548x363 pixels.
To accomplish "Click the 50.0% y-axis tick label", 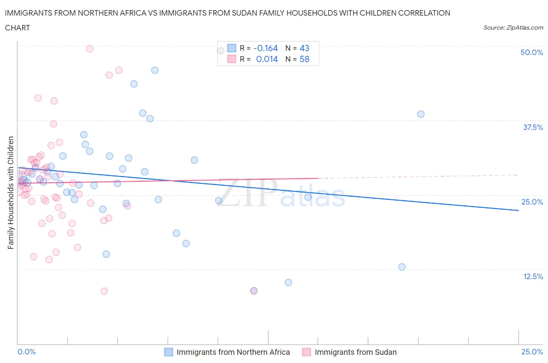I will [x=532, y=52].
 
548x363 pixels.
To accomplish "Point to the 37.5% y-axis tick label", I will [x=533, y=127].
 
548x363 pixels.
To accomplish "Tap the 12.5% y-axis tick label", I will [x=533, y=276].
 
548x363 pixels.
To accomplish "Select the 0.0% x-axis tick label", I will [x=27, y=352].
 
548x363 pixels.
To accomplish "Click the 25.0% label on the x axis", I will [x=532, y=352].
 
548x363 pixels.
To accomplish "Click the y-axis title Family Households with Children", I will [x=11, y=192].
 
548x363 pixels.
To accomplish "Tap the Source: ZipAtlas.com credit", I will [x=513, y=28].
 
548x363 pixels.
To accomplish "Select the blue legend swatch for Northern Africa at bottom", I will [x=168, y=352].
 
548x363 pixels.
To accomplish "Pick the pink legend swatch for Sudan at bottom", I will [x=306, y=352].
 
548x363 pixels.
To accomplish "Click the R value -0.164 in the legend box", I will [x=265, y=48].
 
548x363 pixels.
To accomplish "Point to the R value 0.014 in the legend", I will [x=267, y=59].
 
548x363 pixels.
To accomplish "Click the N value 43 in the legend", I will [x=304, y=48].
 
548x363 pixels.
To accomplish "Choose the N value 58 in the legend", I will [x=304, y=59].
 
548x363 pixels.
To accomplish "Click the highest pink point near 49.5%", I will [x=89, y=49].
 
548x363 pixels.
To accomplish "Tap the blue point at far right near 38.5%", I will [x=421, y=114].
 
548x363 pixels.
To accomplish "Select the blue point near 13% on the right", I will [x=402, y=267].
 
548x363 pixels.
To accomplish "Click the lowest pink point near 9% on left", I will [x=104, y=291].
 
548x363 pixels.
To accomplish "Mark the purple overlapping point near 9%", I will [x=254, y=291].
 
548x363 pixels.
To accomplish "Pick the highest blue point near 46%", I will [x=155, y=70].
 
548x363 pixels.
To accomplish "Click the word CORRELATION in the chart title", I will [x=424, y=13].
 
